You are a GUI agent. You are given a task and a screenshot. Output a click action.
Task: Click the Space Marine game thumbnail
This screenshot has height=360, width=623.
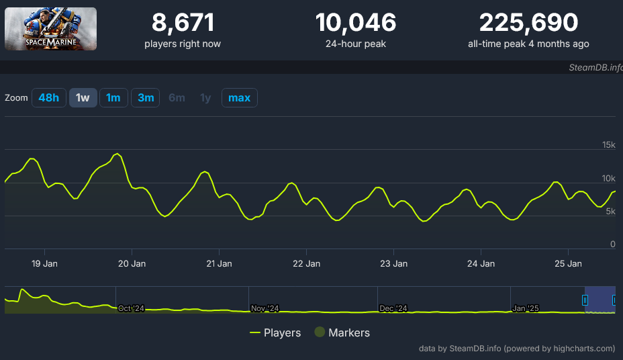(x=50, y=29)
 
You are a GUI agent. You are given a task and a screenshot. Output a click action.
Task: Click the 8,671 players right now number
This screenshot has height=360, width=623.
(x=183, y=23)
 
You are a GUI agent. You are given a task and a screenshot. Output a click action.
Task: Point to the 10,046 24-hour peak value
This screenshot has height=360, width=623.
(x=356, y=23)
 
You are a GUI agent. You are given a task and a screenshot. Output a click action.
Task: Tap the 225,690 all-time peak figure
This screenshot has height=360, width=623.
(x=528, y=23)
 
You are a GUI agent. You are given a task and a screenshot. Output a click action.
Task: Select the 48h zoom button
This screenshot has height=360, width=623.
(x=48, y=98)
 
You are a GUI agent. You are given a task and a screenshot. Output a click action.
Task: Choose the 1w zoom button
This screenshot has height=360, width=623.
(x=83, y=98)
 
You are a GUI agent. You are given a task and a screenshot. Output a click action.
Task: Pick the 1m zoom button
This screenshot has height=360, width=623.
(x=113, y=98)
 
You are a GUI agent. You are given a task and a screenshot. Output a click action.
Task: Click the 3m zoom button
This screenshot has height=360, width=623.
(x=146, y=98)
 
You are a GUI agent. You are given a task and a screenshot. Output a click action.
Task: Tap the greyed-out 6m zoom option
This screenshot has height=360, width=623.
(x=177, y=98)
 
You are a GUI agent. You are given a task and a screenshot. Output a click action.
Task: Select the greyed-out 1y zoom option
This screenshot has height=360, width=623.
(x=205, y=98)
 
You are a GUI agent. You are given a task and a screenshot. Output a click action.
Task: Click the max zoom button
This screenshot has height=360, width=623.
(x=239, y=98)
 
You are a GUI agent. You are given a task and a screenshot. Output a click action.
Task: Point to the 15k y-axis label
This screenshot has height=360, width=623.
(x=608, y=145)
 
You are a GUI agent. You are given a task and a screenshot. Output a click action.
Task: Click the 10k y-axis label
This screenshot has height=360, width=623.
(x=608, y=178)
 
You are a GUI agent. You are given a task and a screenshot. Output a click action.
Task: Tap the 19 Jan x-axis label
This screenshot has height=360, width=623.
(x=45, y=263)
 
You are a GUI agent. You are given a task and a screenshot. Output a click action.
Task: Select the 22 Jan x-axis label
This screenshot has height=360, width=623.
(x=307, y=263)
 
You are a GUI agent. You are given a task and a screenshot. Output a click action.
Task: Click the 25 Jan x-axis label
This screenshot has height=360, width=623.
(x=569, y=263)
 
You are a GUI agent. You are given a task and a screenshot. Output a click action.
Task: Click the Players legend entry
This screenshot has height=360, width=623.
(x=275, y=332)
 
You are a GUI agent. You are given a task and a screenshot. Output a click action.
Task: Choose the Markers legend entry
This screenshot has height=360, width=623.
(x=342, y=332)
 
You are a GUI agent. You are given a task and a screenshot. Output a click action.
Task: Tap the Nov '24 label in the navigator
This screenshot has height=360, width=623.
(x=265, y=308)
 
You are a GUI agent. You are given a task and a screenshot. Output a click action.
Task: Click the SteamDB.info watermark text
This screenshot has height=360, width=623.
(x=595, y=68)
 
